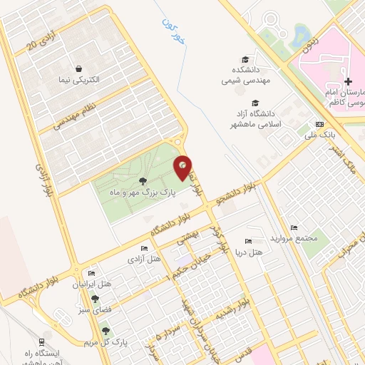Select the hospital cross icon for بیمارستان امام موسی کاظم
pos(348,82)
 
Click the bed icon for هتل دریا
pos(247,242)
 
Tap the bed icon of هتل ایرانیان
pos(91,274)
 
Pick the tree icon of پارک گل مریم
pos(106,331)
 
